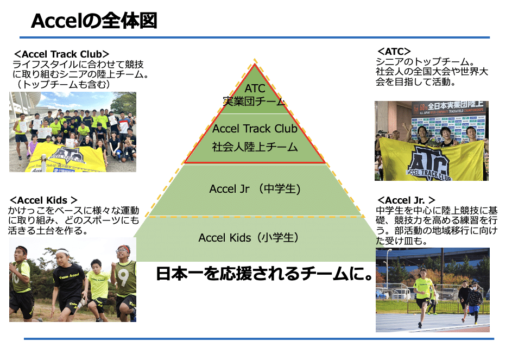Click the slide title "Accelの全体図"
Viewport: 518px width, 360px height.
point(94,21)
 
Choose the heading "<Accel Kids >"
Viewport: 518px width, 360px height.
point(43,200)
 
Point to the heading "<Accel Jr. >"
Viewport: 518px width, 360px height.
point(406,200)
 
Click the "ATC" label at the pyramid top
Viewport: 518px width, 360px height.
point(255,89)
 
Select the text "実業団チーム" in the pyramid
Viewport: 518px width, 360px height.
point(255,101)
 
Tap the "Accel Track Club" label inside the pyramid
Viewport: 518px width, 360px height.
point(255,129)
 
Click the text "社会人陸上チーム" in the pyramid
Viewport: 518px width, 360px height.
point(255,146)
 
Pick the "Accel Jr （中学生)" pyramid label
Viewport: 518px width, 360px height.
point(255,189)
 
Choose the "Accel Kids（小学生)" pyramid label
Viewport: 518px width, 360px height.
point(249,237)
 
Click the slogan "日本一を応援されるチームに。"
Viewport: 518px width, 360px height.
point(266,273)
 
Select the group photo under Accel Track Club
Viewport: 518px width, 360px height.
point(73,131)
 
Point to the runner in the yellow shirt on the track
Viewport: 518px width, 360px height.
point(423,296)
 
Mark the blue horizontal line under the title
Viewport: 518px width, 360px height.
point(255,37)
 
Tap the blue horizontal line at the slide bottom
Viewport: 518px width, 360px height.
point(258,339)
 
